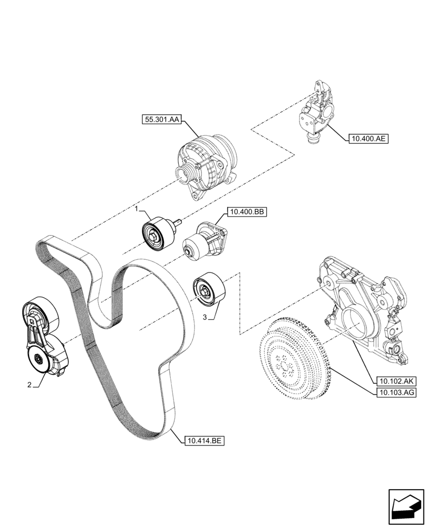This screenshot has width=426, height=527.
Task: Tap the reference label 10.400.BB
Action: [247, 212]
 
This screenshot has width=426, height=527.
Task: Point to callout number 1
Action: [136, 209]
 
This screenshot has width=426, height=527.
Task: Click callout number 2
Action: [30, 385]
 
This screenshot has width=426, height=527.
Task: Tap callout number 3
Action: [205, 318]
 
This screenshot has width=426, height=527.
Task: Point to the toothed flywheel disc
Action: [293, 358]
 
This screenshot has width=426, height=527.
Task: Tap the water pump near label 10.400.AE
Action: [315, 113]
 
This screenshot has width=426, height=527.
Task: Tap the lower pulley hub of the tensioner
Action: [38, 360]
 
